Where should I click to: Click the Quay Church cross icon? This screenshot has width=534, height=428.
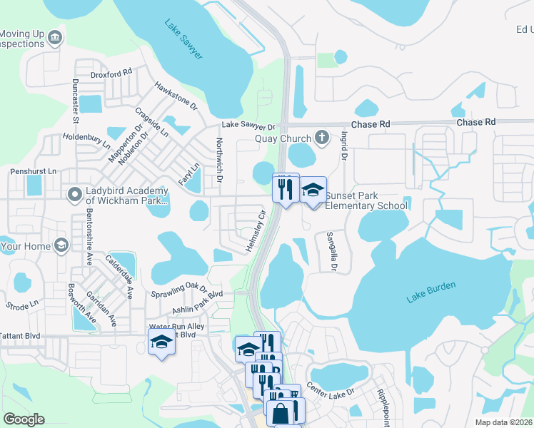click(322, 138)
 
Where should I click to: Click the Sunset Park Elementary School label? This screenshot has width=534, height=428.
click(366, 200)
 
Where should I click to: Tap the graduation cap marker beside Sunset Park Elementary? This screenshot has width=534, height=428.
click(312, 190)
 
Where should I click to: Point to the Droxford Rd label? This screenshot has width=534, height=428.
click(111, 73)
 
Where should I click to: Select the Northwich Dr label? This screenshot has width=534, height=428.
click(219, 159)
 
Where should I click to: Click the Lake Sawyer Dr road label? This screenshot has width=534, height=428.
click(248, 125)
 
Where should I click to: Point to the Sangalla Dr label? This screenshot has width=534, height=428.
click(331, 251)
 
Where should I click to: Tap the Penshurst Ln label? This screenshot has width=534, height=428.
click(33, 172)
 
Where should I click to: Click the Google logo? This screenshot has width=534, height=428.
click(24, 419)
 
